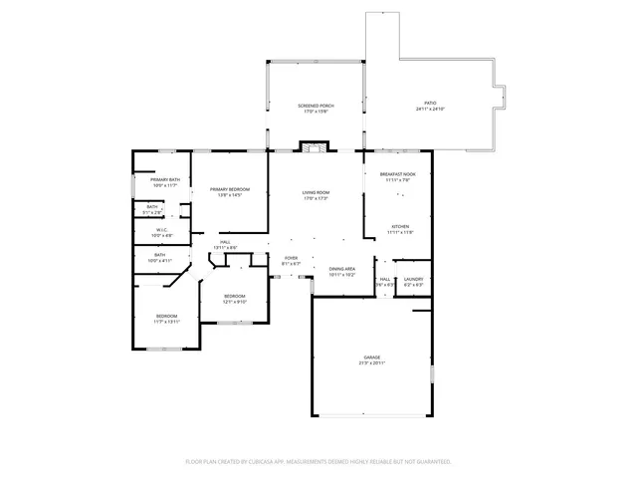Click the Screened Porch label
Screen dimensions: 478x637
coord(316,108)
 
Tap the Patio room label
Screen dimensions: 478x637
coord(430,104)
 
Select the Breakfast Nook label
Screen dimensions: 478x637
coord(398,174)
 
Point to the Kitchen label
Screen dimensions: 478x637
coord(400,226)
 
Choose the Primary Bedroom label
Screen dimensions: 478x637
coord(229,189)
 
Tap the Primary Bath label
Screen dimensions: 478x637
coord(165,179)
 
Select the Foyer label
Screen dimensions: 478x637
coord(291,258)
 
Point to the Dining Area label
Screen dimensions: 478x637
coord(341,268)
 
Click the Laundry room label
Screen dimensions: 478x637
coord(413,280)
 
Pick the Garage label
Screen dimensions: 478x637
coord(372,356)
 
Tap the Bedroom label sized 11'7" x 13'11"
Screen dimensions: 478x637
coord(165,318)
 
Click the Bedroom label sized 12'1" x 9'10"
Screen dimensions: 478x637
coord(234,296)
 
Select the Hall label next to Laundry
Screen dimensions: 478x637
coord(385,280)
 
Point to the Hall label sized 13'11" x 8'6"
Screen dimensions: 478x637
coord(225,242)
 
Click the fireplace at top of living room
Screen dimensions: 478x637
coord(315,148)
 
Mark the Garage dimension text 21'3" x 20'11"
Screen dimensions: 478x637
coord(372,362)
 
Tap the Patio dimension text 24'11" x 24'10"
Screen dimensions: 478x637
coord(430,109)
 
